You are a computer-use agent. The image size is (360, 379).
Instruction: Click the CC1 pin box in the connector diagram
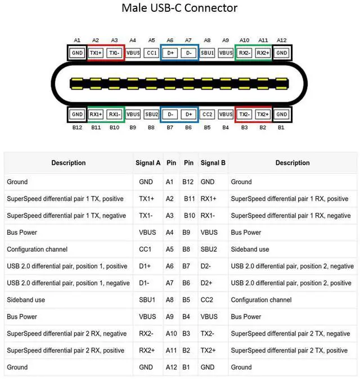pyautogui.click(x=151, y=53)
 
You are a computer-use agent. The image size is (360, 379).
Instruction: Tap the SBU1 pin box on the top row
pyautogui.click(x=207, y=53)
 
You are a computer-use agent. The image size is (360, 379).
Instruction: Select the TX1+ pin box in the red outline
pyautogui.click(x=96, y=53)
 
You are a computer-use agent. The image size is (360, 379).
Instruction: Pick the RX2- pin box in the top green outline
pyautogui.click(x=244, y=53)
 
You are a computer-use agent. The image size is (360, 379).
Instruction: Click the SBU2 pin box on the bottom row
pyautogui.click(x=151, y=114)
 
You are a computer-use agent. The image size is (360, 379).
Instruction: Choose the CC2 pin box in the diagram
pyautogui.click(x=207, y=114)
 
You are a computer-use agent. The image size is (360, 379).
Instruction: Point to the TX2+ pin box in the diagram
pyautogui.click(x=263, y=114)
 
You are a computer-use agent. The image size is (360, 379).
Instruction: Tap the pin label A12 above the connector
pyautogui.click(x=281, y=40)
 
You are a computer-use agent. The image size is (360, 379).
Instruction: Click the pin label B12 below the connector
pyautogui.click(x=77, y=127)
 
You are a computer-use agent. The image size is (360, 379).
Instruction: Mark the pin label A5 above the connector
pyautogui.click(x=151, y=40)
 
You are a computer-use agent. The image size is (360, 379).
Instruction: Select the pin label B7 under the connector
pyautogui.click(x=170, y=127)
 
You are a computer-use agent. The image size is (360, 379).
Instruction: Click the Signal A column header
pyautogui.click(x=148, y=163)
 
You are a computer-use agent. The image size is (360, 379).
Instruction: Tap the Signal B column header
pyautogui.click(x=213, y=163)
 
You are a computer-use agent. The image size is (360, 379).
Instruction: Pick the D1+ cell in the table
pyautogui.click(x=145, y=266)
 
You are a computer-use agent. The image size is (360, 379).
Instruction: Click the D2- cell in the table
pyautogui.click(x=206, y=266)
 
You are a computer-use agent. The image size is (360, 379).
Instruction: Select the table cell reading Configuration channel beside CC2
pyautogui.click(x=261, y=300)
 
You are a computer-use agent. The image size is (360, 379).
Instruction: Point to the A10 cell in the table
pyautogui.click(x=171, y=333)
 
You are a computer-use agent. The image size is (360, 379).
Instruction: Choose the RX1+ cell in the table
pyautogui.click(x=208, y=199)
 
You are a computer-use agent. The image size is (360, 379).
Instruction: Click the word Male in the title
pyautogui.click(x=134, y=8)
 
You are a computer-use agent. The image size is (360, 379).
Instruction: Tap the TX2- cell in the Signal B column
pyautogui.click(x=207, y=333)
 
